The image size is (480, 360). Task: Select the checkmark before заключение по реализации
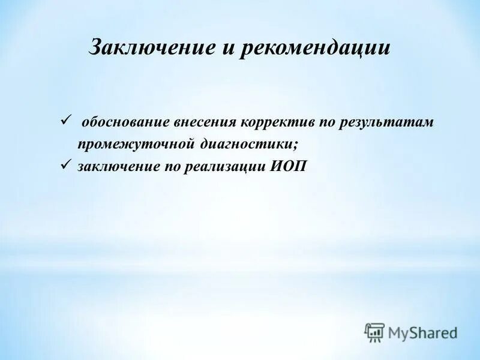tap(66, 165)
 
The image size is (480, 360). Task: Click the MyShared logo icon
tap(374, 332)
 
